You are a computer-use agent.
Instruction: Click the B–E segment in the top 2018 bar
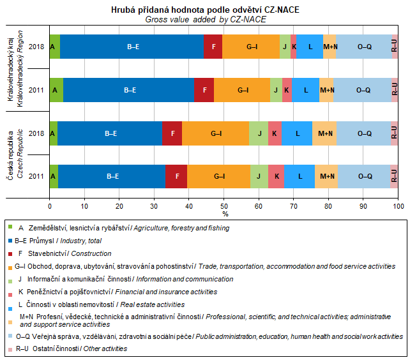pos(132,47)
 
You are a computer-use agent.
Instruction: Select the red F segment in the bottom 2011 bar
pos(176,176)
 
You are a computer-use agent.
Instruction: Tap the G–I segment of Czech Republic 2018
pos(215,133)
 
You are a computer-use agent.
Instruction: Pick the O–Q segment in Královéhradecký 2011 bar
pos(363,90)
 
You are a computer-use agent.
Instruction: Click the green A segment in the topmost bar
pos(54,47)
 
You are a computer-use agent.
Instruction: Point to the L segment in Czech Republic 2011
pos(299,176)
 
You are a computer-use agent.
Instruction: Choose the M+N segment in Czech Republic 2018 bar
pos(324,133)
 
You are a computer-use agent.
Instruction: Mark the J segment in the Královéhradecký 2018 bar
pos(284,47)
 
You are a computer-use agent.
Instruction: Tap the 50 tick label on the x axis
pos(224,206)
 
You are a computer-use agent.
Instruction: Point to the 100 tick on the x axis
pos(398,206)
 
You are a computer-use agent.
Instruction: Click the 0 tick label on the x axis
pos(50,206)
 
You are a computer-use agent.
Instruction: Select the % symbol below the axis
pos(225,214)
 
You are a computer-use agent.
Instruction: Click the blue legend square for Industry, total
pos(11,241)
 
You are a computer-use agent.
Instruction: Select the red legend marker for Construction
pos(11,253)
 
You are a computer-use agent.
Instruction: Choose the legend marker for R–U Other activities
pos(11,349)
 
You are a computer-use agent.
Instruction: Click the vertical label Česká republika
pos(11,147)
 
